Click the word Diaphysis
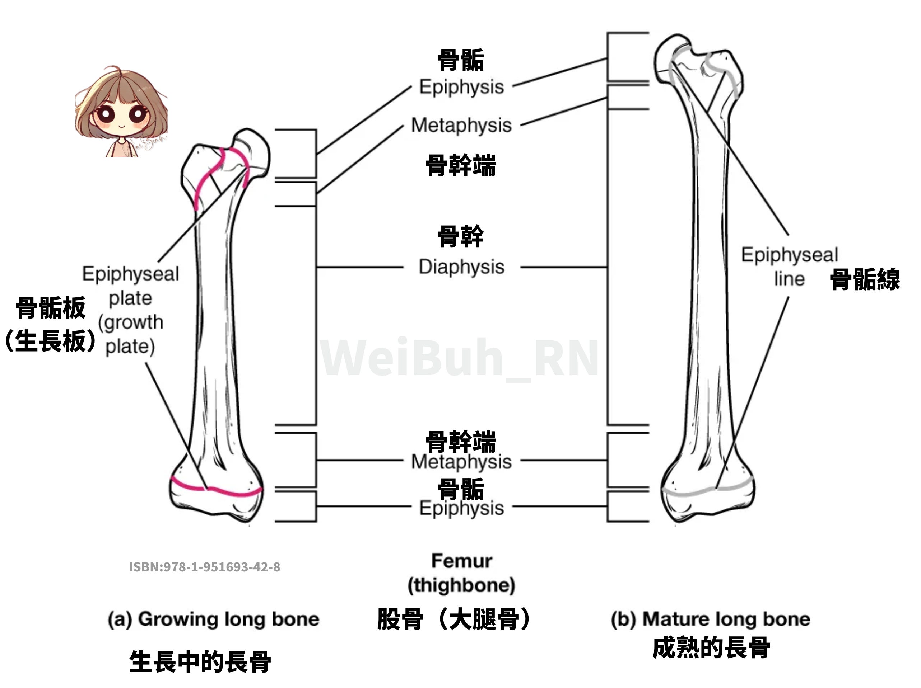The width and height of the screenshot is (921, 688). point(461,267)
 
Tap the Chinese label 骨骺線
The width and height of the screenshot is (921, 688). point(865,279)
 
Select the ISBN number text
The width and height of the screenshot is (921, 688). point(204,567)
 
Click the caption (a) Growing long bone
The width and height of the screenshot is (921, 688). point(214,619)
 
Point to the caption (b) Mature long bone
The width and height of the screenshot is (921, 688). point(710,619)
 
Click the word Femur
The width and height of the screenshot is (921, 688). point(461,561)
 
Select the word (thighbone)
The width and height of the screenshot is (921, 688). point(461,585)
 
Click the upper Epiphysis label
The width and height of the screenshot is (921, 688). point(461,87)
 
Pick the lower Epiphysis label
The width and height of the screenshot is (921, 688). point(461,508)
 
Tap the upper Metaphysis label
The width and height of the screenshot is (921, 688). point(461,125)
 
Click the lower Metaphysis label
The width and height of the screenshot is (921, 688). point(461,462)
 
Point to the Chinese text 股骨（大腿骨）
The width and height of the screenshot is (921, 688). point(454,619)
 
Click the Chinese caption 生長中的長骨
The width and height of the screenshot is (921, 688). point(200,661)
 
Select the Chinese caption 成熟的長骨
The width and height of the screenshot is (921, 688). point(711,648)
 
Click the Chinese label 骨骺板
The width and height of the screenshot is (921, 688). point(51,308)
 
